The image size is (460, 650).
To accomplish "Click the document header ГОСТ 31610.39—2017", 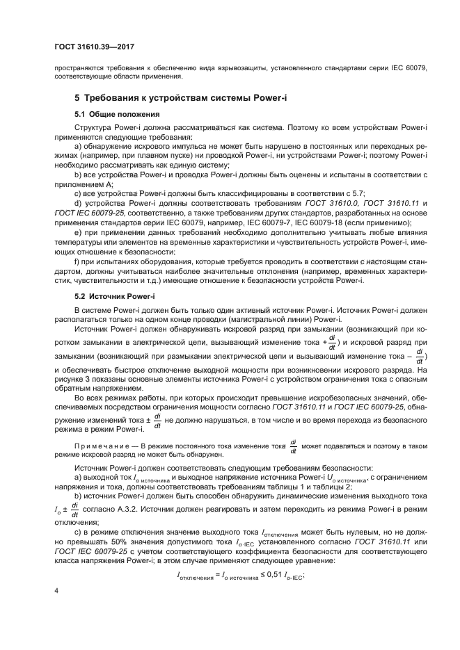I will [94, 47].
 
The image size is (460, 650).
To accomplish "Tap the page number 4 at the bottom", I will [57, 591].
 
